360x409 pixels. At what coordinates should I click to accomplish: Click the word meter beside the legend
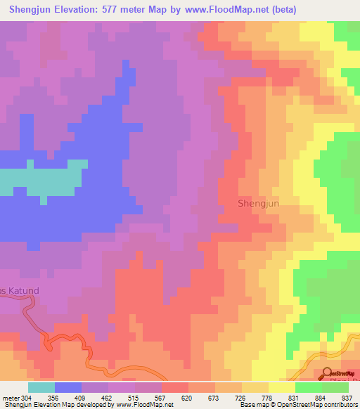click(x=10, y=397)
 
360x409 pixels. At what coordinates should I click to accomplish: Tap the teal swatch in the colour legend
click(x=41, y=387)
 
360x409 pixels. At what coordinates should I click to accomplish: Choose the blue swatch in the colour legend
click(x=68, y=387)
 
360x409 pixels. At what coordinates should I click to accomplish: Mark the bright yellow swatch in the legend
click(x=282, y=387)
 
